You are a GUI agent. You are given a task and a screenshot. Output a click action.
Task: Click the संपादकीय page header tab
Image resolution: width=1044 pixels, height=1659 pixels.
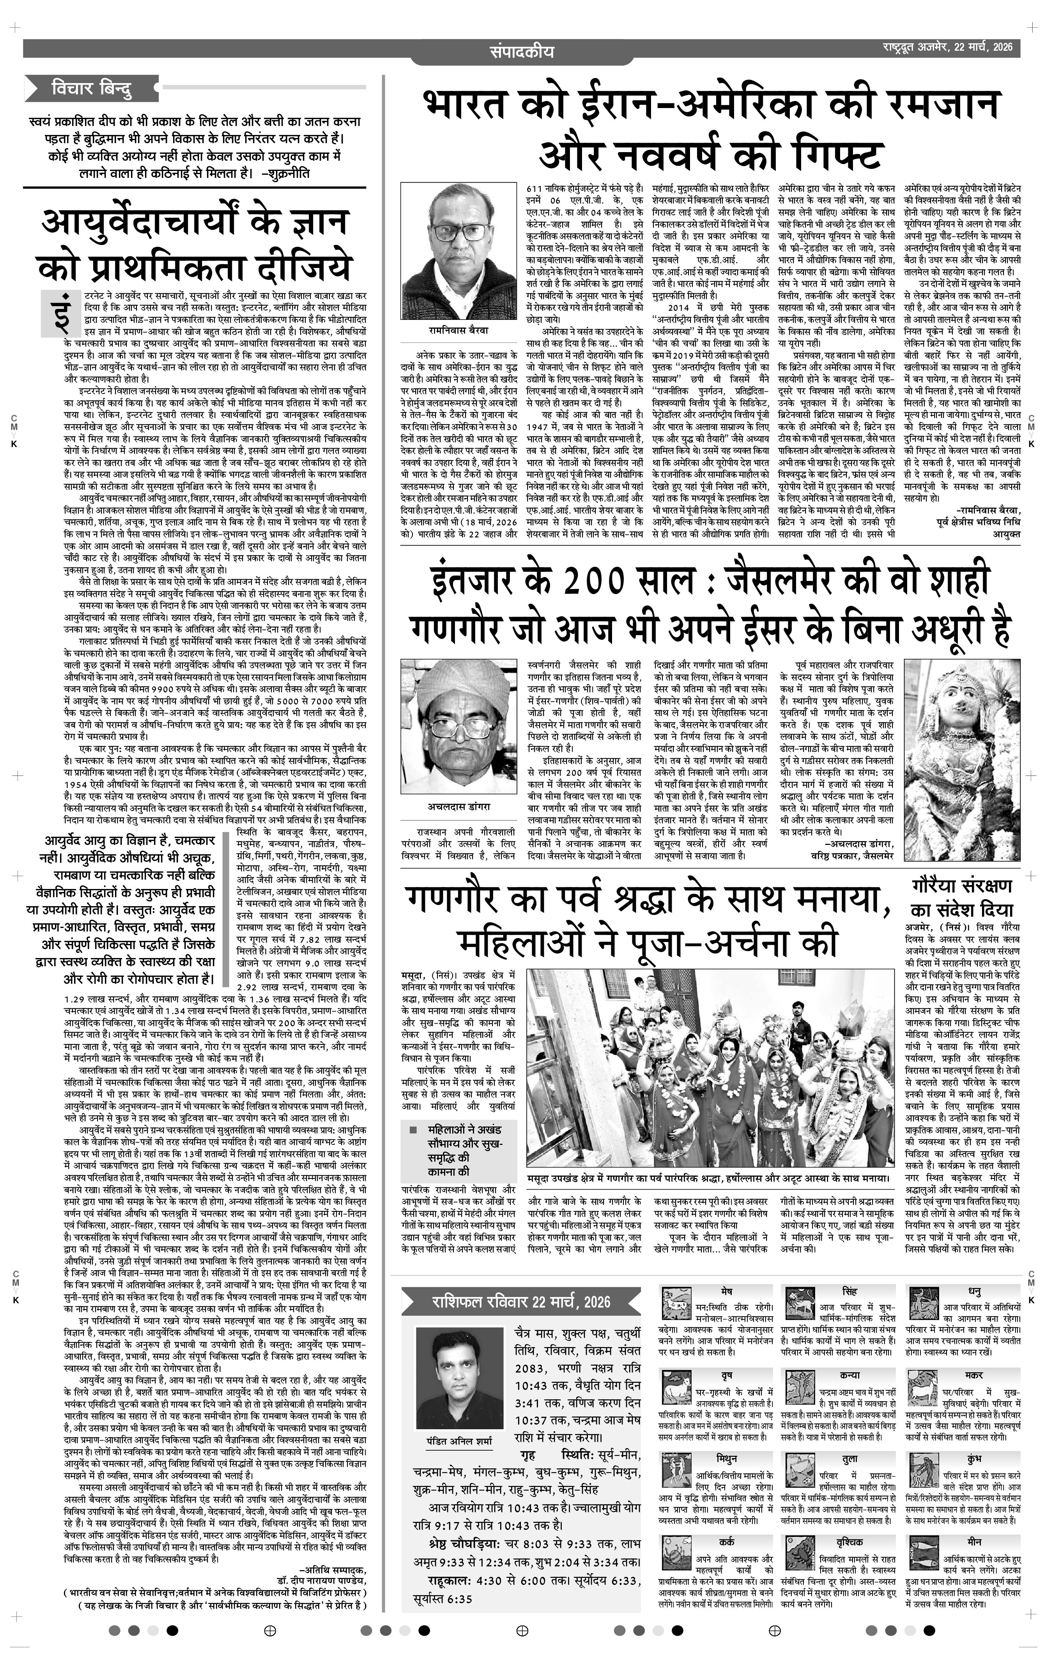click(522, 51)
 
